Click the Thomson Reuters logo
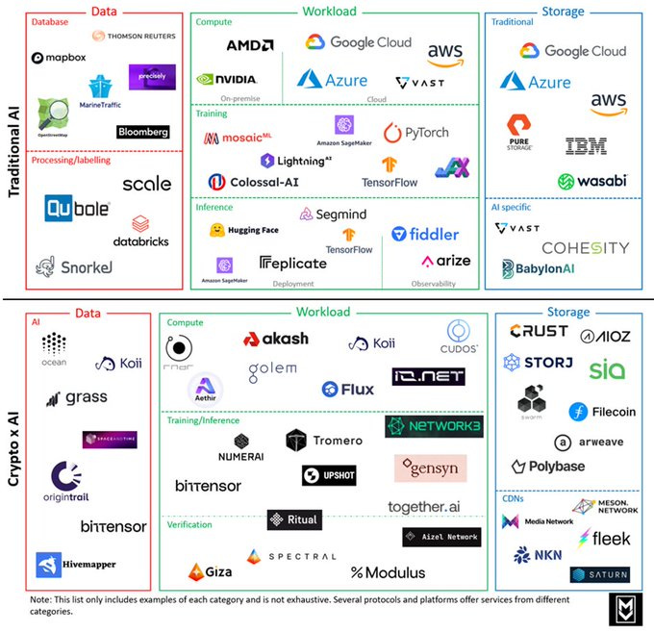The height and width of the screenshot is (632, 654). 133,37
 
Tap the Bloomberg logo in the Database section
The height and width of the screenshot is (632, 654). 142,132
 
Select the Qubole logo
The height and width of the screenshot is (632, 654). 77,207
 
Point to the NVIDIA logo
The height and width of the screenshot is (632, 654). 226,80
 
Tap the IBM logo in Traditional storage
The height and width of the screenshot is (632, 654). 586,147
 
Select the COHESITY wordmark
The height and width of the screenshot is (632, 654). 585,248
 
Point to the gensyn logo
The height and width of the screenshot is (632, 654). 430,468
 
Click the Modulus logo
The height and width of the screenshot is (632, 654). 388,572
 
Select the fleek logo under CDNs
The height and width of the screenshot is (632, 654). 604,539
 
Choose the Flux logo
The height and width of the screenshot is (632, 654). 347,390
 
